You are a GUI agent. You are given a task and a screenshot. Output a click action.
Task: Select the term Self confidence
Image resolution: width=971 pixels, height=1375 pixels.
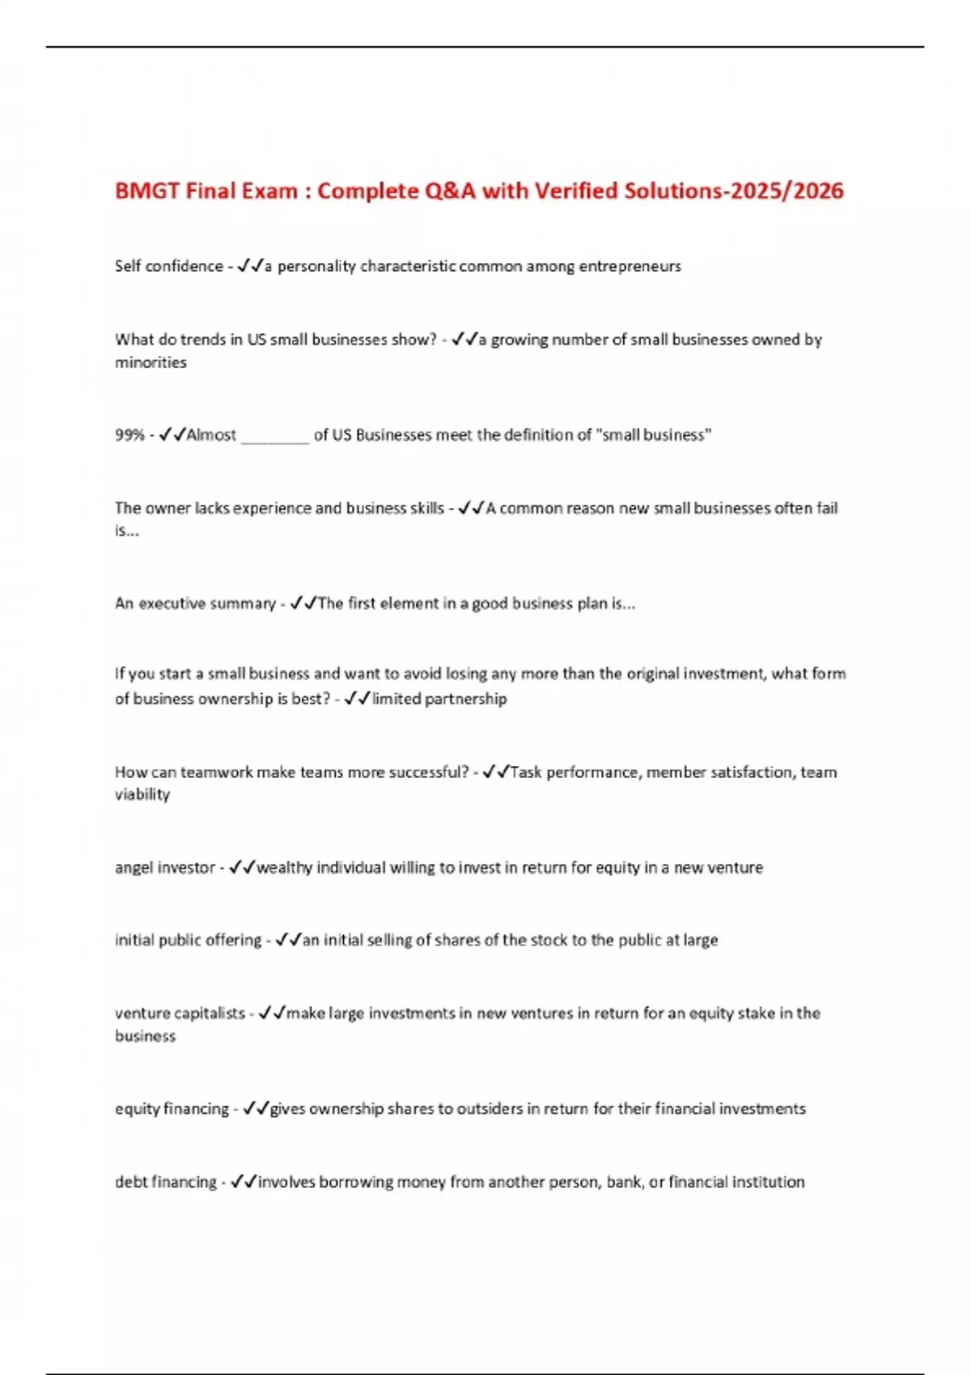(x=168, y=266)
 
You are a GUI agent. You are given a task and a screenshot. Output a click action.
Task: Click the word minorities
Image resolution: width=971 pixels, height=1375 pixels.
(x=151, y=362)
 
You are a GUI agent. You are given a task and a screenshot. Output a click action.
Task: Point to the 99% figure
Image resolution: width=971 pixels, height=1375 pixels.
(x=129, y=435)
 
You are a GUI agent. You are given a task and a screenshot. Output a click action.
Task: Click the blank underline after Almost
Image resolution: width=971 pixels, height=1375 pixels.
(x=275, y=437)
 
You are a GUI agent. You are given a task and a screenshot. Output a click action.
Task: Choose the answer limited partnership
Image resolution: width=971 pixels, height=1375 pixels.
(x=439, y=699)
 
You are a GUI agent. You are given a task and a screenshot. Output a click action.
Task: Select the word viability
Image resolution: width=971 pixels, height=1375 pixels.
(x=142, y=795)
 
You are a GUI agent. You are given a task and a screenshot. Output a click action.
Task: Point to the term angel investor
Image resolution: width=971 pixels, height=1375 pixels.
(x=165, y=868)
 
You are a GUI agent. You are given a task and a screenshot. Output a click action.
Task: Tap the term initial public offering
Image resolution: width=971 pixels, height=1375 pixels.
(x=188, y=941)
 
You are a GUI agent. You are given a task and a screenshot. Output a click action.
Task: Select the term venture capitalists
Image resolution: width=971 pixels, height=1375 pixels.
(x=180, y=1013)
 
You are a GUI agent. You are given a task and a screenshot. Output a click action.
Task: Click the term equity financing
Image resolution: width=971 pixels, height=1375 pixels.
(x=172, y=1109)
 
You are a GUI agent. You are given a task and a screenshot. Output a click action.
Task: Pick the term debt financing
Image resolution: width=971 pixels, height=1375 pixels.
(x=165, y=1182)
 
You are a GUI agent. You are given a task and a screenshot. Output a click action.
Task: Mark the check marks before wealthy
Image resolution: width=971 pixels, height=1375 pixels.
(x=242, y=868)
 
